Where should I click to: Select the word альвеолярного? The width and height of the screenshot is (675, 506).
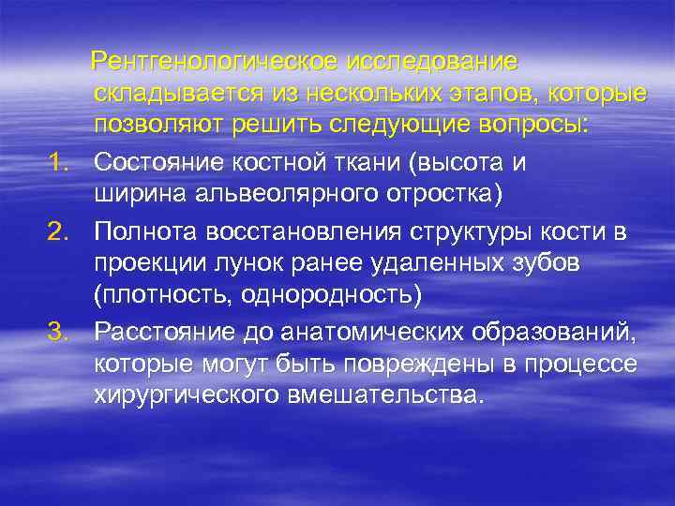(x=265, y=195)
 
